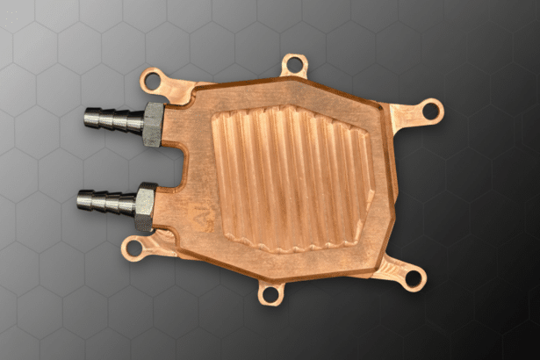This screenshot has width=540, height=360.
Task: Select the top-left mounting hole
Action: pos(153,80)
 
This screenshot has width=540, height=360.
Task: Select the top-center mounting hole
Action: pos(294,64)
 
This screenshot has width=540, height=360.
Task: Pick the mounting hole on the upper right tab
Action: pos(430,111)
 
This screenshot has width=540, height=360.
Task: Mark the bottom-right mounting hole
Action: pos(412,279)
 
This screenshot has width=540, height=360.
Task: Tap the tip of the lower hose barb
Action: pos(82,198)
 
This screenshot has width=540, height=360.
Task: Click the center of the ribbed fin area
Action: pos(290,176)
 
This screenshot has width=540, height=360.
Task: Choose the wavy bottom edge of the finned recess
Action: pos(290,243)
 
